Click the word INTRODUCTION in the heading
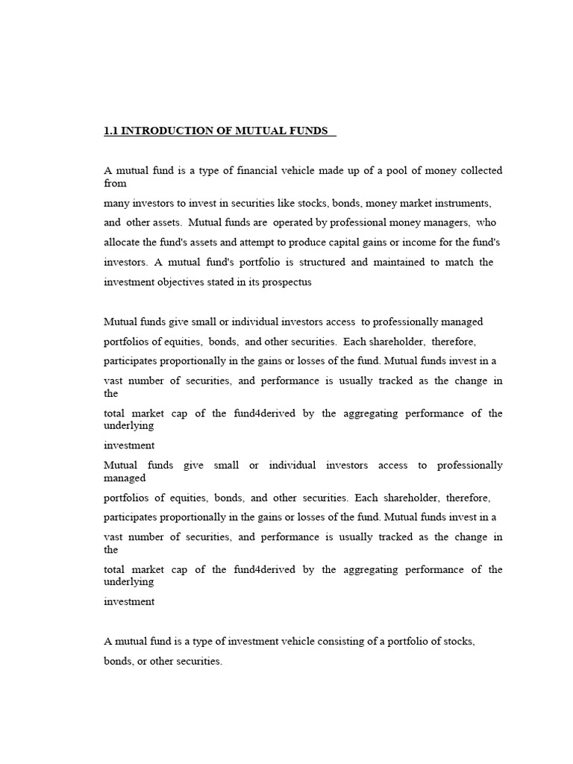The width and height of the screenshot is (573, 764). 159,131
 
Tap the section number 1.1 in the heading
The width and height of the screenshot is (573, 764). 110,131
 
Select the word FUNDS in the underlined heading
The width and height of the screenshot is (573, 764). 306,131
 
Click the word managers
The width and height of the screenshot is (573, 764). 442,222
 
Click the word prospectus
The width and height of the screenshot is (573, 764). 286,283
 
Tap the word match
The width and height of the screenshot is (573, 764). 460,263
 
